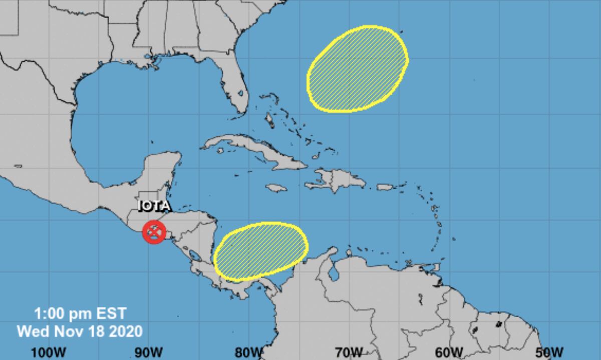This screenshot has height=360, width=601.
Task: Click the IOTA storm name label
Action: [154, 206]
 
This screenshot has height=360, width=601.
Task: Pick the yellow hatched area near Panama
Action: [261, 250]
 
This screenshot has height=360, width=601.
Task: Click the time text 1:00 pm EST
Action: [80, 314]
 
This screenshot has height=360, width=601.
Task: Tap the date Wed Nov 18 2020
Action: [80, 331]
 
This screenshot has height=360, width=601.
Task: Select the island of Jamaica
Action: [276, 188]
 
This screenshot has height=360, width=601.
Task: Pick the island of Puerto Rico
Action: [383, 187]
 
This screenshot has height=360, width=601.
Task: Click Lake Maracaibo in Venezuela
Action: [333, 274]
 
